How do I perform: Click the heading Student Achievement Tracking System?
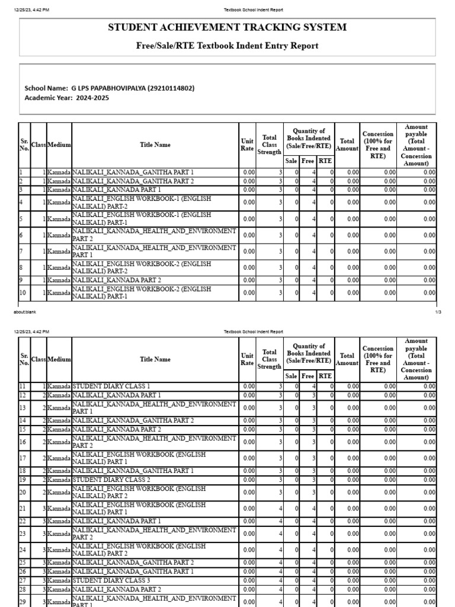click(227, 28)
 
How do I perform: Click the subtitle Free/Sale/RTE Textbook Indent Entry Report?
click(227, 46)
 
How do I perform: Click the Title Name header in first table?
click(155, 145)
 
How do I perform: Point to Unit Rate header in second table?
click(247, 359)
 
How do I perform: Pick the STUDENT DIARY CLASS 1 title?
click(111, 386)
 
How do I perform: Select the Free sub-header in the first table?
click(307, 161)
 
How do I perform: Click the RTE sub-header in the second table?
click(325, 376)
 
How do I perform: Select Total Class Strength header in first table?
click(269, 145)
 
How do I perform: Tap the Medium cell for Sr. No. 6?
click(59, 235)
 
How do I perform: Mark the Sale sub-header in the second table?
click(291, 376)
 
